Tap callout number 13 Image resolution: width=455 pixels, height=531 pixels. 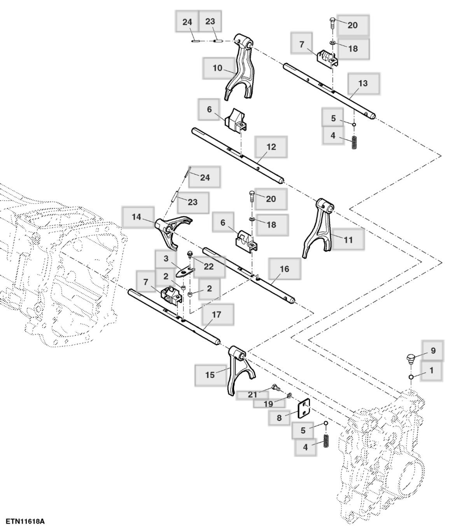pyautogui.click(x=363, y=83)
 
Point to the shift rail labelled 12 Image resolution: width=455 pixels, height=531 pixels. pyautogui.click(x=237, y=155)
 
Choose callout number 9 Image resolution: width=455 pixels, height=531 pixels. pyautogui.click(x=433, y=351)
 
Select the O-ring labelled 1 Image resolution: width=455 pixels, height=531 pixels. pyautogui.click(x=411, y=377)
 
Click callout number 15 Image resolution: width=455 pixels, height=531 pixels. pyautogui.click(x=210, y=375)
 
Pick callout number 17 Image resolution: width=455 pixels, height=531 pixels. pyautogui.click(x=216, y=314)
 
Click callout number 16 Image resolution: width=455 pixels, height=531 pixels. pyautogui.click(x=284, y=269)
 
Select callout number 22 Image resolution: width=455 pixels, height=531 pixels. pyautogui.click(x=209, y=266)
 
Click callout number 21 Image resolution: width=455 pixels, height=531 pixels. pyautogui.click(x=252, y=395)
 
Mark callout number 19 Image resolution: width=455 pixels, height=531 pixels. pyautogui.click(x=268, y=404)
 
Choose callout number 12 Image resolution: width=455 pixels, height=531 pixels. pyautogui.click(x=271, y=147)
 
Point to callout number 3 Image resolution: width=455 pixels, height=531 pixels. pyautogui.click(x=166, y=258)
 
